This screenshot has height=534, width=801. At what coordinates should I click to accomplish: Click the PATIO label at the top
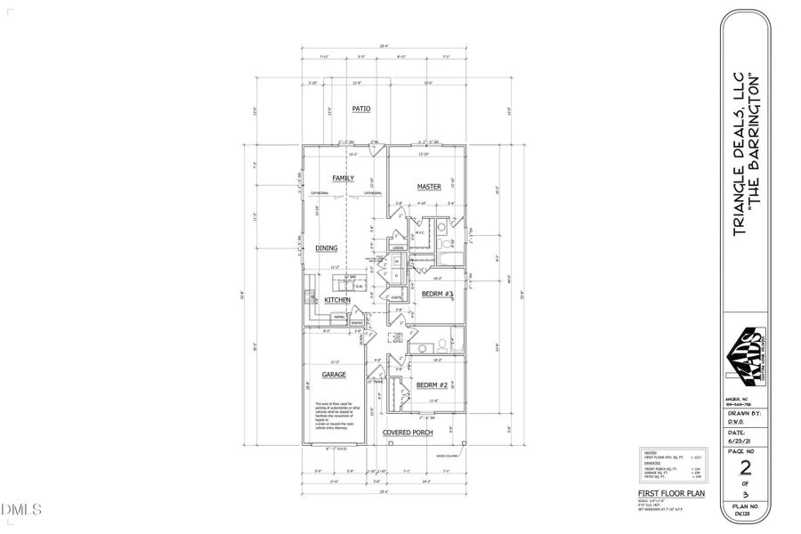point(360,109)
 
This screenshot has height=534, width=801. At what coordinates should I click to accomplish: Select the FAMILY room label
point(344,178)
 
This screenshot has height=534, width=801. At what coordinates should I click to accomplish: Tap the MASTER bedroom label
point(430,187)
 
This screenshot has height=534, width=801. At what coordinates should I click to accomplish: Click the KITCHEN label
point(336,301)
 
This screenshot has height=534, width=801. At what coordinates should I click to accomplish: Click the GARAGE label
point(334,376)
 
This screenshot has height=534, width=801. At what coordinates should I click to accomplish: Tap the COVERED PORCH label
point(408,433)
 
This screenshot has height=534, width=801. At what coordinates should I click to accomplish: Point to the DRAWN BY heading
point(743,413)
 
